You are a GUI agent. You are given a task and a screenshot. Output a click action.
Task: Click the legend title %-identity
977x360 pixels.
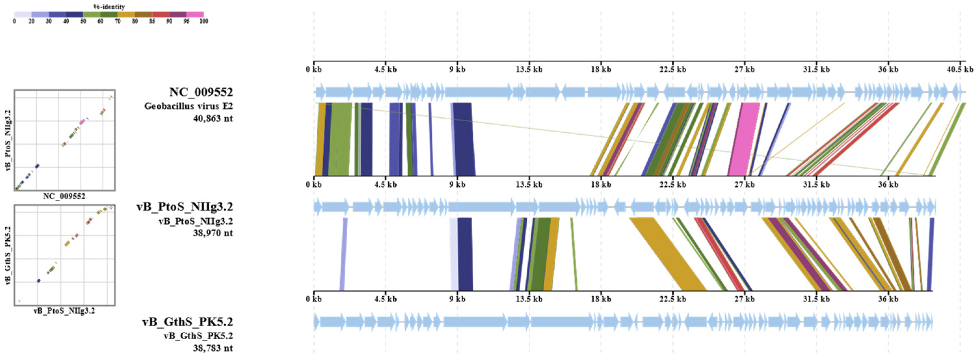pyautogui.click(x=109, y=7)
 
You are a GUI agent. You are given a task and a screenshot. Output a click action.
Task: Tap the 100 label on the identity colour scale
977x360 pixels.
pyautogui.click(x=204, y=21)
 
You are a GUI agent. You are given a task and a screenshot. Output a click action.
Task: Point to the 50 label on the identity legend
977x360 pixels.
pyautogui.click(x=83, y=21)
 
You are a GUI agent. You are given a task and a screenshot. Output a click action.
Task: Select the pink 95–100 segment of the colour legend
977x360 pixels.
pyautogui.click(x=195, y=14)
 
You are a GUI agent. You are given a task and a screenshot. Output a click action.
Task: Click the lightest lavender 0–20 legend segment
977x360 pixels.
pyautogui.click(x=23, y=14)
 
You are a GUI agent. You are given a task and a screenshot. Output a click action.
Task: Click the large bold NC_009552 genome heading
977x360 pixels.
pyautogui.click(x=201, y=92)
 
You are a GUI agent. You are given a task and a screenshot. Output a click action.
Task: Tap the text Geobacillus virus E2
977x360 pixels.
pyautogui.click(x=189, y=106)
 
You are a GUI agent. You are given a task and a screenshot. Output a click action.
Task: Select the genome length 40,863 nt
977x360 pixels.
pyautogui.click(x=213, y=118)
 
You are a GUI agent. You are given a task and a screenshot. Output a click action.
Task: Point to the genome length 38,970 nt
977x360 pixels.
pyautogui.click(x=213, y=233)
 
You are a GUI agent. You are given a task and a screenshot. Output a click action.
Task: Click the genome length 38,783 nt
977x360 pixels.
pyautogui.click(x=213, y=348)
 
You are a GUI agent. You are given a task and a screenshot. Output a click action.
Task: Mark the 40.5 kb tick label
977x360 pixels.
pyautogui.click(x=960, y=69)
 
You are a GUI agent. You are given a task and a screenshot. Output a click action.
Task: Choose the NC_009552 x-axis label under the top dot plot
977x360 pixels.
pyautogui.click(x=64, y=196)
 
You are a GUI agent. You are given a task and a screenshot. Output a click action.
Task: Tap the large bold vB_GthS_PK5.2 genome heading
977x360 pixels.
pyautogui.click(x=187, y=322)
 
